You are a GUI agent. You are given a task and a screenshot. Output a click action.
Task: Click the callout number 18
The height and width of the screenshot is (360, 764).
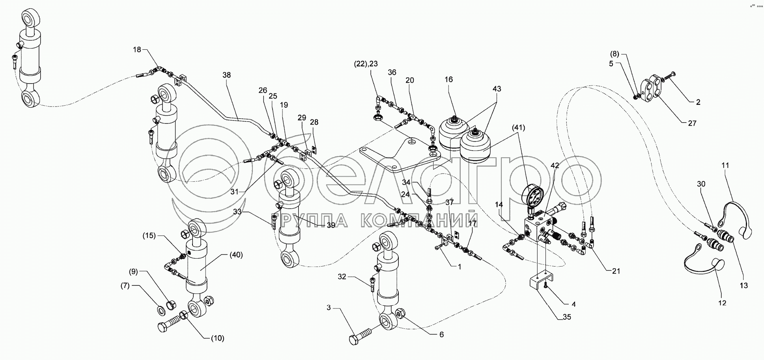[136, 50]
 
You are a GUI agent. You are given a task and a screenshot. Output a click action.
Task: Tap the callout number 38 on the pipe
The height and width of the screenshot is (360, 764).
[226, 75]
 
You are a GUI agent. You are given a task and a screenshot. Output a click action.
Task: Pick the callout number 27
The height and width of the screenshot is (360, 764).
[692, 123]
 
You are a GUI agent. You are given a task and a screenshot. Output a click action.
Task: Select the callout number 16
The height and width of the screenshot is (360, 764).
[449, 80]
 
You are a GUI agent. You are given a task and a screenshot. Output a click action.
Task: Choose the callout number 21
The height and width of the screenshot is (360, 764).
[616, 271]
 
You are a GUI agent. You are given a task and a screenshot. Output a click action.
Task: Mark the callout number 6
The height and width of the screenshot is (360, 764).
[441, 334]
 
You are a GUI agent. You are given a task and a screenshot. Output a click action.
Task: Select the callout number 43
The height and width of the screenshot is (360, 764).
[497, 89]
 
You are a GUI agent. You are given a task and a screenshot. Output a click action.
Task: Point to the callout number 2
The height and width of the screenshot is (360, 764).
[698, 102]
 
